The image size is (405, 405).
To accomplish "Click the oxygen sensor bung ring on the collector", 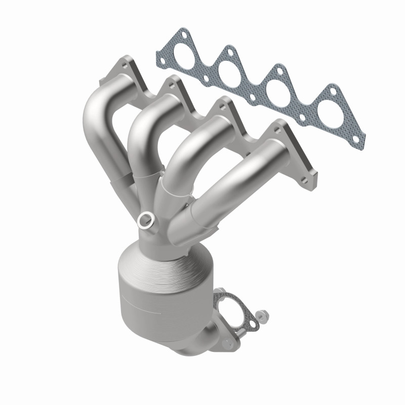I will coord(146,219).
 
